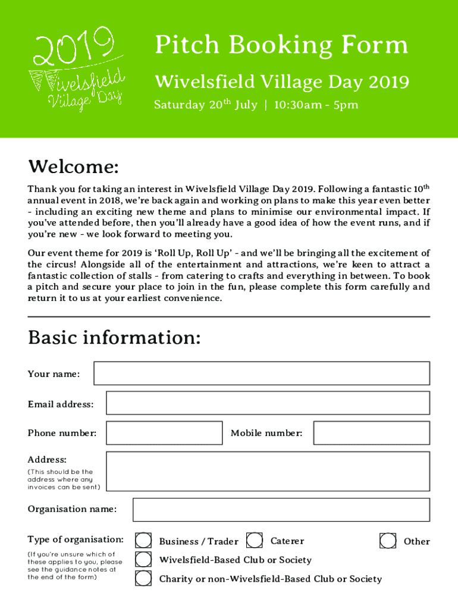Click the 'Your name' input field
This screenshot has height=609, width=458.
[x=262, y=373]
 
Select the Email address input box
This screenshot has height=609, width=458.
[x=268, y=403]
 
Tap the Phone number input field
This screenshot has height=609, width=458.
[x=164, y=433]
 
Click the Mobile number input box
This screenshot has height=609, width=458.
[x=371, y=433]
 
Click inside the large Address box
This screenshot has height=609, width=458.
[x=268, y=472]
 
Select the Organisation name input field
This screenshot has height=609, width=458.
[x=281, y=510]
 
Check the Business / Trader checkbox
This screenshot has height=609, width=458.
[x=143, y=541]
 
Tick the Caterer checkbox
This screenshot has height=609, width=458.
[x=255, y=541]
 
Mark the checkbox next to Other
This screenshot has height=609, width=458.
[x=388, y=541]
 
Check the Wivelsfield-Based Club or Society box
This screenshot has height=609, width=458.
[x=143, y=560]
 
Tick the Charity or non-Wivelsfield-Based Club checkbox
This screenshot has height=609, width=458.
[x=143, y=578]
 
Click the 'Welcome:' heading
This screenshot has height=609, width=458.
[x=73, y=167]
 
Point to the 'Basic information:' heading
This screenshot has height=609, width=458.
[x=114, y=338]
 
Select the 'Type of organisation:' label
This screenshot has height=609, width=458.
[x=76, y=539]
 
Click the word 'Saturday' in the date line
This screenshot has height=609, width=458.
[x=179, y=105]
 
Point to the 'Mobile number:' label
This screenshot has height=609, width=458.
[x=266, y=433]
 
